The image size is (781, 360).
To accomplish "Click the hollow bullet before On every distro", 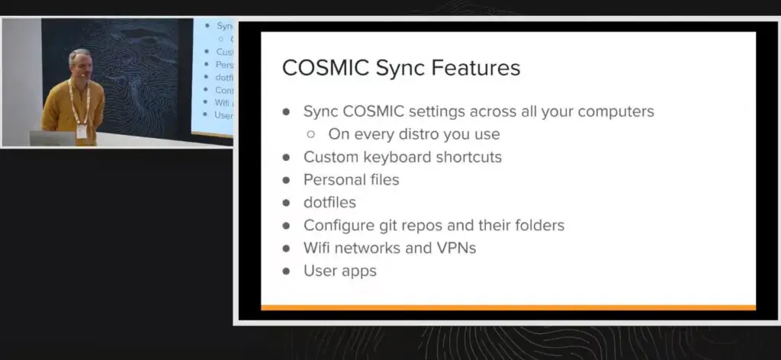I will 311,134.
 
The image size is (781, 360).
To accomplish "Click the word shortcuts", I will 468,157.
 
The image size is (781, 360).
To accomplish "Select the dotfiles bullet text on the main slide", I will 329,203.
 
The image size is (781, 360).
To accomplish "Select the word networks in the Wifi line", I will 369,248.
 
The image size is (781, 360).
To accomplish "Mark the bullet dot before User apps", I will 287,271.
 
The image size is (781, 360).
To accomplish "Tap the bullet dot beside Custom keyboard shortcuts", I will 287,158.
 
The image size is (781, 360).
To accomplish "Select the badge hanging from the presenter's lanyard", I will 81,131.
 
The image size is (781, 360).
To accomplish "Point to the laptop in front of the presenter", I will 53,138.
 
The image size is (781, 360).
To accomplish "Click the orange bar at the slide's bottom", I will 508,307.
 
